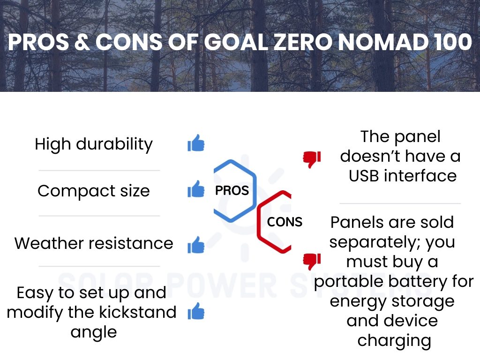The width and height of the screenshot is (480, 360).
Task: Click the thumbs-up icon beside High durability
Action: [x=196, y=143]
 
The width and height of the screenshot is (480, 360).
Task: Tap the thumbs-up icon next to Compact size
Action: [x=196, y=189]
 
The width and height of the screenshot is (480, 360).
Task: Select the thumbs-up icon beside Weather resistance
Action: [x=196, y=245]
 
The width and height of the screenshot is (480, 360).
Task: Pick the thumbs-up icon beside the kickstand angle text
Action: [x=196, y=311]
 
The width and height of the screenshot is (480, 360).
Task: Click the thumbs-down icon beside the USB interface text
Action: [x=312, y=159]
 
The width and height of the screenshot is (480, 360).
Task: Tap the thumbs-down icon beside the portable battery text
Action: [x=312, y=262]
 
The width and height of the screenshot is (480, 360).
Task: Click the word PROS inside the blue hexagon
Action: [x=232, y=190]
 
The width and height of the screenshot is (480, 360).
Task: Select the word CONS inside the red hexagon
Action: [x=285, y=222]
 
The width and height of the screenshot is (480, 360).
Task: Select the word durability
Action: [x=114, y=144]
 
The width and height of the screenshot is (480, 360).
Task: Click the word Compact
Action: [x=76, y=191]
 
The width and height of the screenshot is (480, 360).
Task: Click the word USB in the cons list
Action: [x=364, y=176]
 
